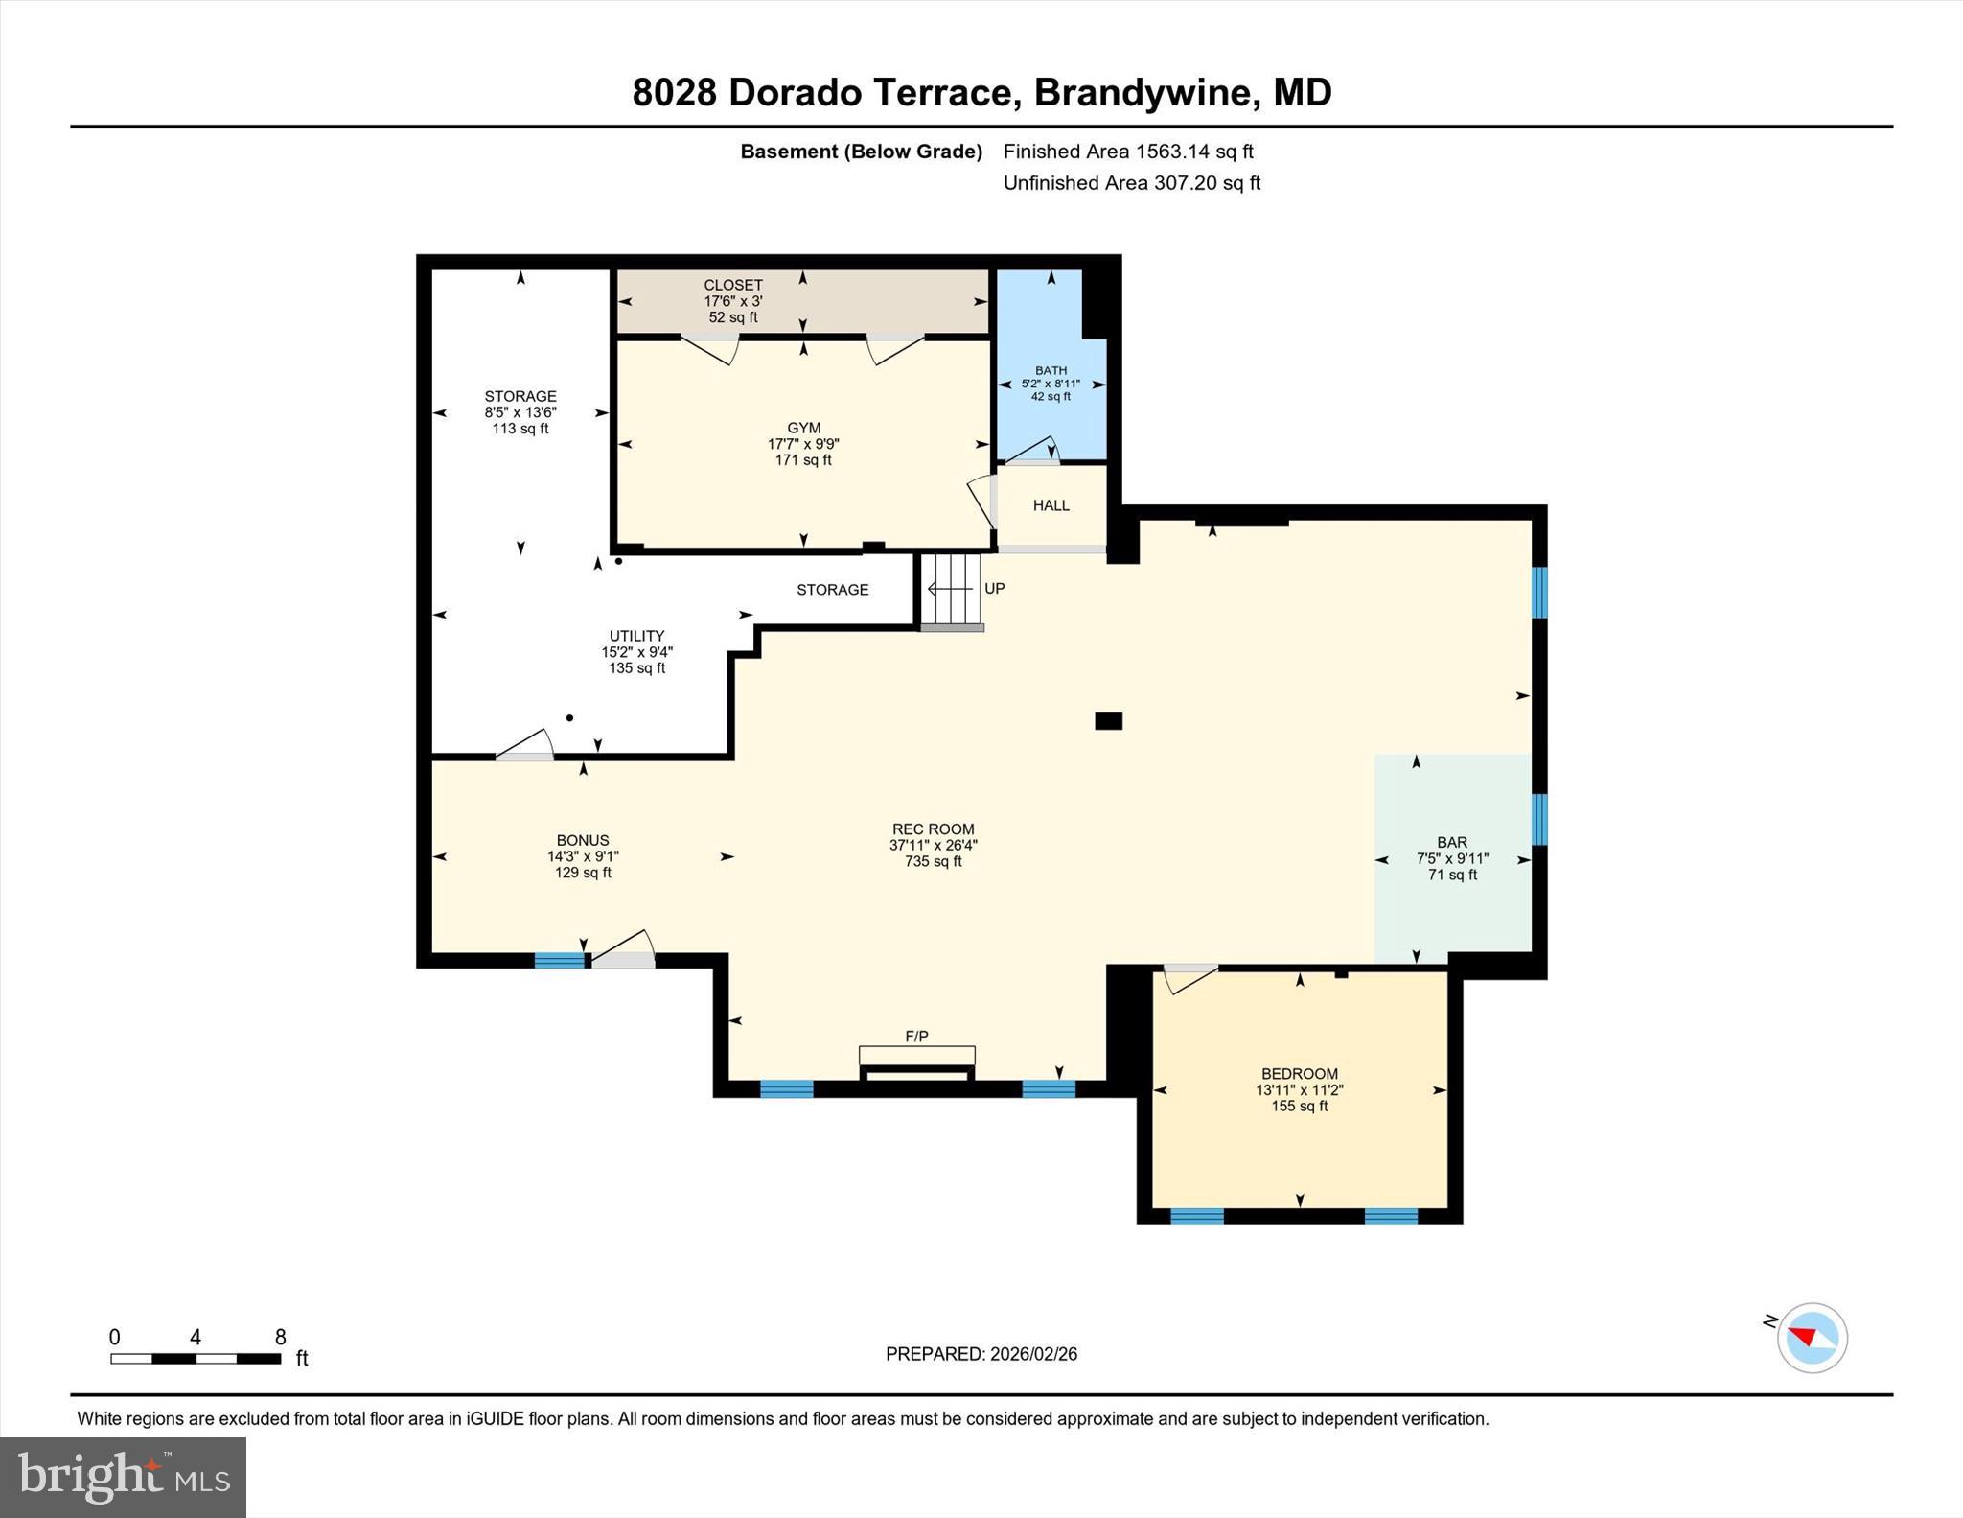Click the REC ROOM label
pos(933,830)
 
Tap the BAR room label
pos(1451,843)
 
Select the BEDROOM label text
pos(1299,1074)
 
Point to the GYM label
pos(803,429)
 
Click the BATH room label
pos(1051,371)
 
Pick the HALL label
pos(1051,505)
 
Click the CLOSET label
pos(733,285)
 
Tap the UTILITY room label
pos(636,636)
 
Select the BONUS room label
pos(582,840)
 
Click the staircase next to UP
pos(952,589)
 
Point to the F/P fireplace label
pos(916,1037)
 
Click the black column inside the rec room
pos(1108,721)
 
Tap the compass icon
pos(1811,1338)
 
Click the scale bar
pos(196,1358)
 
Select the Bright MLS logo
pos(123,1477)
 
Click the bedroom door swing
pos(1189,980)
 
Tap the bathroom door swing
pos(1033,451)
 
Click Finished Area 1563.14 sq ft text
pos(1127,152)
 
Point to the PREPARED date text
pos(981,1354)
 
